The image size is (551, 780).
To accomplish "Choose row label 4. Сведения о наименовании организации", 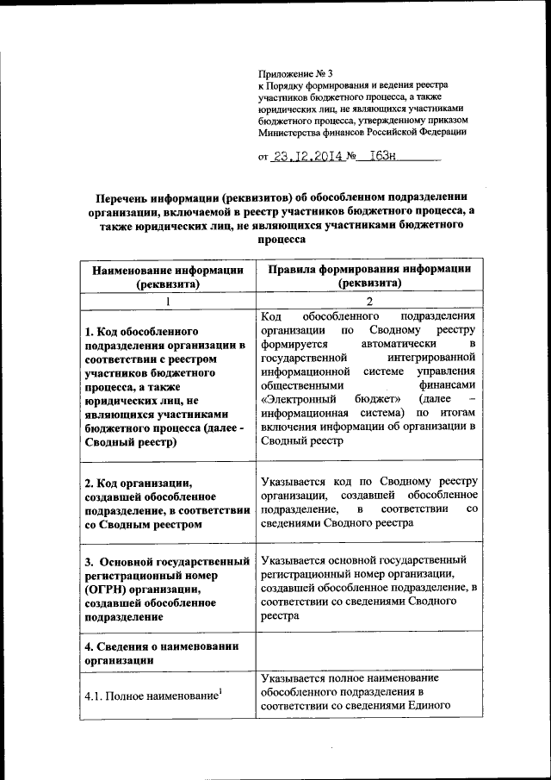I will [x=161, y=653].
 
